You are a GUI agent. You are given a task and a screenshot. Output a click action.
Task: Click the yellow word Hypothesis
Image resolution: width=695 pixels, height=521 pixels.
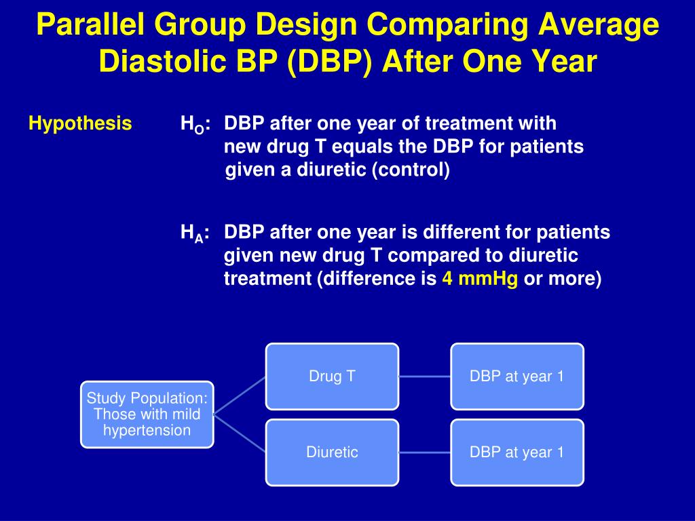(80, 123)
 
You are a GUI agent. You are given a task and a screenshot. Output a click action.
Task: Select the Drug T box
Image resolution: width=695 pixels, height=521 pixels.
(332, 377)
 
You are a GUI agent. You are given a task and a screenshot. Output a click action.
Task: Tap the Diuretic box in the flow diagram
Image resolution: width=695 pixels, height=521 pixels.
(332, 452)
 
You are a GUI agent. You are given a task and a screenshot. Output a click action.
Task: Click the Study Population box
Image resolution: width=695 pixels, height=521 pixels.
(147, 414)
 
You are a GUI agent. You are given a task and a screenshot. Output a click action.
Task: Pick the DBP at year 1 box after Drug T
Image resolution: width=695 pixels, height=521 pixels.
(516, 377)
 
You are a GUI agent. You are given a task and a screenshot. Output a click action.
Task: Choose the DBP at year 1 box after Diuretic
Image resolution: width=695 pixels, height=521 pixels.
(516, 452)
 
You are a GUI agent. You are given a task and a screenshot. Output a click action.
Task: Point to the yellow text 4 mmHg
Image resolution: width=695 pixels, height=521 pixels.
(480, 279)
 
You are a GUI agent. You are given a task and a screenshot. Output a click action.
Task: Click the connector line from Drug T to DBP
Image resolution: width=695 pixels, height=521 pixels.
(425, 377)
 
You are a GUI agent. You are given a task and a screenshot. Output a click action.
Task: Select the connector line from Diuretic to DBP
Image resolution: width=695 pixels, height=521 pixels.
(425, 452)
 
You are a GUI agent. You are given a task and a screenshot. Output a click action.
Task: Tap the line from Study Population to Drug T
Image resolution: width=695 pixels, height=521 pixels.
(240, 395)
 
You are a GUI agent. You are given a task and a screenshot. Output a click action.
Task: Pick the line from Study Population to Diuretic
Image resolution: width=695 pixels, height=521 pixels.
(240, 433)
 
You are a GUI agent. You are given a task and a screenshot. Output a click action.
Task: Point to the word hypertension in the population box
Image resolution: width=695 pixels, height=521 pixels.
(147, 431)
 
